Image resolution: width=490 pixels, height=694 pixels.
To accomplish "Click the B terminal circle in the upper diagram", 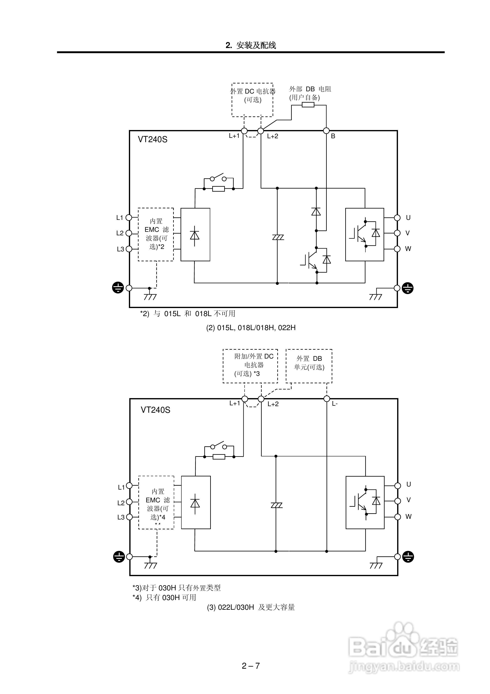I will pos(326,131).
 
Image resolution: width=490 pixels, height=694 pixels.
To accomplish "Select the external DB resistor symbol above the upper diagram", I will pos(308,105).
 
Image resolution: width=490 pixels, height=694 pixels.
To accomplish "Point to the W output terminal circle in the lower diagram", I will pos(398,517).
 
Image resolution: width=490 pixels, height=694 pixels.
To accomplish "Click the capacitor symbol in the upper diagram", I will pos(278,237).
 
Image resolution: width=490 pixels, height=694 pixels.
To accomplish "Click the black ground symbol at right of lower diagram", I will pos(408,557).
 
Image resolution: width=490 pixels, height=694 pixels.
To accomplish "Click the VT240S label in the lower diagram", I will pos(155,410).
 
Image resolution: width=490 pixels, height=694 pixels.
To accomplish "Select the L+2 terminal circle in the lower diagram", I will pos(261,399).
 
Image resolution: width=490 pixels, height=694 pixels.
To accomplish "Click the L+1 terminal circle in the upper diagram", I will pos(244,131).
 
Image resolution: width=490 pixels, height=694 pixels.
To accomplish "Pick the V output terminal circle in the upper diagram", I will pos(397,233).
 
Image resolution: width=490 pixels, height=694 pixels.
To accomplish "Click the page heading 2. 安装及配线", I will pos(251,45).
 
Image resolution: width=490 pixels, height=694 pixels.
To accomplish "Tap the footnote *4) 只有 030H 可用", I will pos(165,598).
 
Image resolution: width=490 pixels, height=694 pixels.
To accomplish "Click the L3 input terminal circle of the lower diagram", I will pos(129,517).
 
